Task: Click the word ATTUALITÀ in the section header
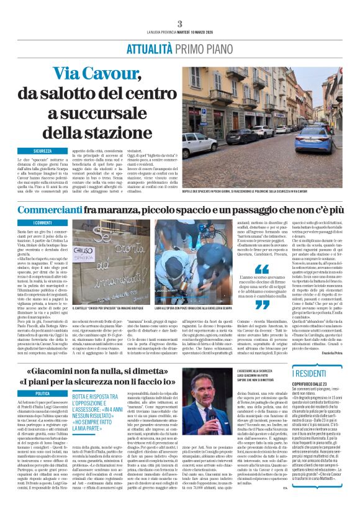click(x=149, y=50)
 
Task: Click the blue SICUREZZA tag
click(x=43, y=150)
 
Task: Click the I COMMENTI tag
click(x=43, y=222)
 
